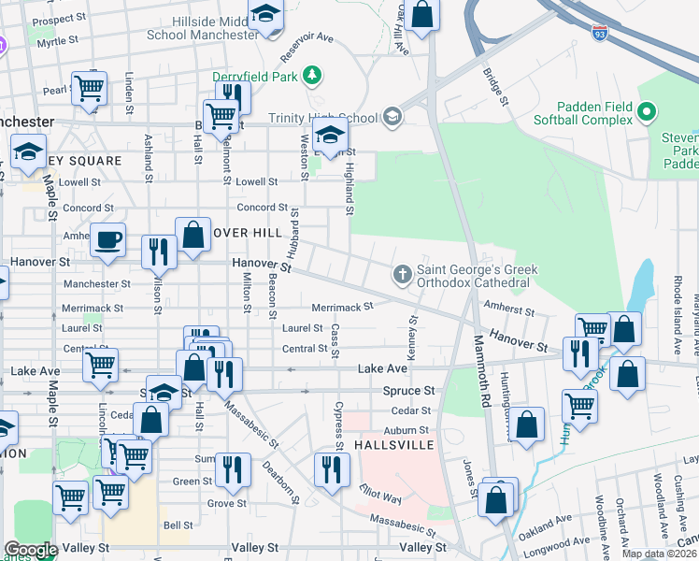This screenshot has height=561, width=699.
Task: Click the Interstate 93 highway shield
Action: click(598, 33)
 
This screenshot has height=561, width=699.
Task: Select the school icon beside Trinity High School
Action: click(392, 117)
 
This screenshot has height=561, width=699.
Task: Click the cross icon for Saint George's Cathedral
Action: click(402, 274)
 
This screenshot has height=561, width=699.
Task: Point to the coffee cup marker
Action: click(107, 239)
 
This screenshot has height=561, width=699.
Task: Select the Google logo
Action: click(30, 550)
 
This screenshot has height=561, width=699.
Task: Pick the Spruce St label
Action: click(409, 390)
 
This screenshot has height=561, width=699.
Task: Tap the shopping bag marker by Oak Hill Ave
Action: click(422, 15)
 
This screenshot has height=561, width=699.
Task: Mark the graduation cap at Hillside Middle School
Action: click(265, 14)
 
